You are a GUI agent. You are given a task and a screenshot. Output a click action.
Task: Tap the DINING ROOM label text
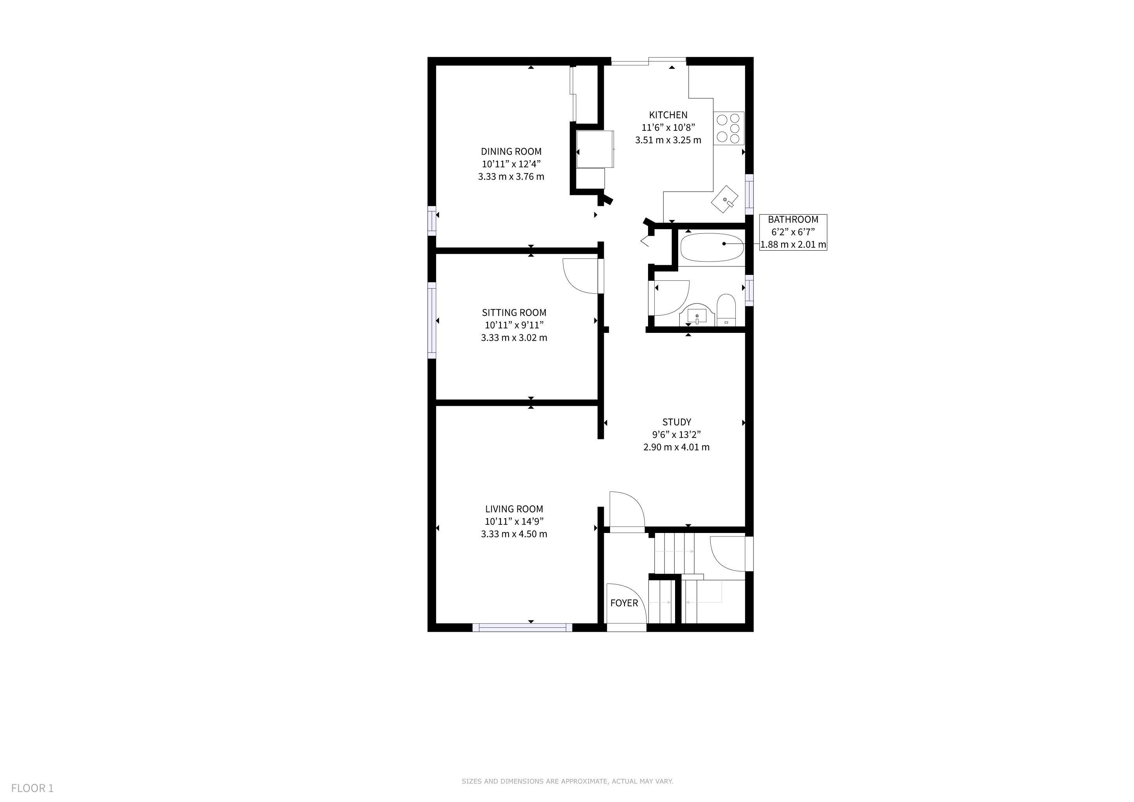pos(511,152)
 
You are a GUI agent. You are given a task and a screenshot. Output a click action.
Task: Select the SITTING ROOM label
pos(514,312)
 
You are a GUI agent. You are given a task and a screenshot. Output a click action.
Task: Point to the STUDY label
pos(677,422)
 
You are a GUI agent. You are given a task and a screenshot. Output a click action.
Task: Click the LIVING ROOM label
pos(514,509)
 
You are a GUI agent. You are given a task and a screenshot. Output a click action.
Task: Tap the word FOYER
pos(624,603)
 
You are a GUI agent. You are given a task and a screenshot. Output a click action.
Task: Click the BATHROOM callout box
pos(793,232)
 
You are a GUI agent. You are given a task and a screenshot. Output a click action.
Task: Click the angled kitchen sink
pos(724,199)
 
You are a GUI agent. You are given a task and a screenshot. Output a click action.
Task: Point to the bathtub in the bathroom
pos(712,247)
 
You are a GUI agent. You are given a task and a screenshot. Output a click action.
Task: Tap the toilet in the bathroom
pos(726,310)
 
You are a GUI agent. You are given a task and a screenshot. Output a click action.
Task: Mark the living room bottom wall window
pos(522,628)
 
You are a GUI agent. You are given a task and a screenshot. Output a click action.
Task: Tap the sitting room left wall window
pos(432,320)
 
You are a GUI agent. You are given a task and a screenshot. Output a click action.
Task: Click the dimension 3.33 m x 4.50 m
pos(514,534)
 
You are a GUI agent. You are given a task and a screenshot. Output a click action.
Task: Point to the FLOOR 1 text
pos(33,788)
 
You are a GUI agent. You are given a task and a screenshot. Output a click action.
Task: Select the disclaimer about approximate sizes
pos(567,781)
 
